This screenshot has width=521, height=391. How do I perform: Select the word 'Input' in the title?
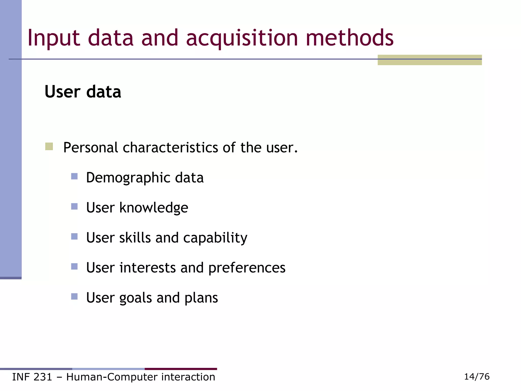pos(54,38)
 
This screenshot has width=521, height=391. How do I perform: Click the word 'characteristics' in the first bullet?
pos(170,148)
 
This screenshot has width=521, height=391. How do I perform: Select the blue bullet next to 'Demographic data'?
pos(74,176)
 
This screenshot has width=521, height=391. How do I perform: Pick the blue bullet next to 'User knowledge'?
pos(74,206)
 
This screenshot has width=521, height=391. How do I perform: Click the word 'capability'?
pos(215,238)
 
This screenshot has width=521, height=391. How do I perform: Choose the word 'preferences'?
pos(247,268)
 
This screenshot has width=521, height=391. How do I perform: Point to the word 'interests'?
pos(148,268)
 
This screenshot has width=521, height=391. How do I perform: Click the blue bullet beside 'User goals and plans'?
pos(74,297)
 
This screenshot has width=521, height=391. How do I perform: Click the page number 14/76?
pos(477,376)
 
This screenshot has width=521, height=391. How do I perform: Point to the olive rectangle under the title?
pos(430,60)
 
